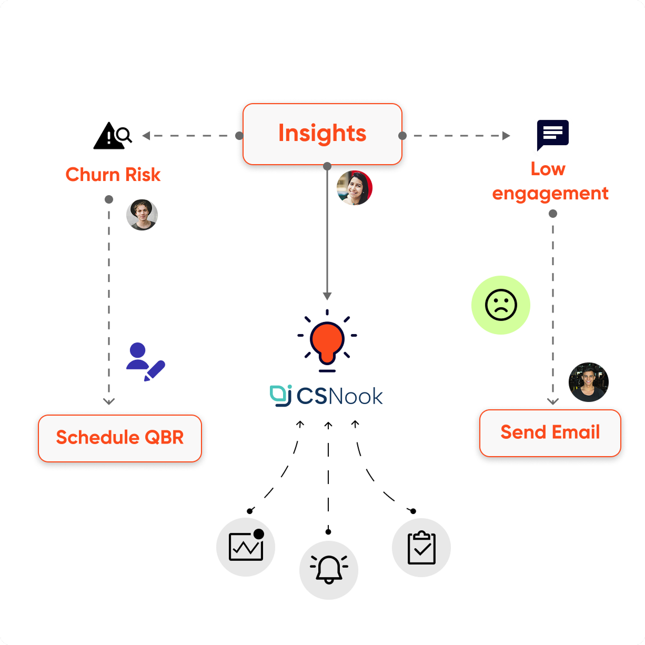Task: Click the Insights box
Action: click(322, 134)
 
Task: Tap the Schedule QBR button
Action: click(120, 438)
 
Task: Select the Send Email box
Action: click(550, 432)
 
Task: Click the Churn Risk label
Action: click(113, 175)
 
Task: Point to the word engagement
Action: click(550, 194)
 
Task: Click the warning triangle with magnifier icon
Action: click(112, 136)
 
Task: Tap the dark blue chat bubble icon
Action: click(552, 135)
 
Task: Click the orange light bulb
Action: click(327, 341)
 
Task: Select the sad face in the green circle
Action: click(501, 305)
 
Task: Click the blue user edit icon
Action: click(145, 362)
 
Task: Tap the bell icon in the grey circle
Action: click(329, 570)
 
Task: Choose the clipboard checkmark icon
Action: click(421, 548)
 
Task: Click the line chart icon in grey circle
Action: click(246, 547)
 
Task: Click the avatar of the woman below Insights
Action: click(355, 187)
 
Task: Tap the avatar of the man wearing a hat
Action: click(142, 215)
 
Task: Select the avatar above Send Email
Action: click(589, 382)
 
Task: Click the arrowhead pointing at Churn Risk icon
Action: click(146, 136)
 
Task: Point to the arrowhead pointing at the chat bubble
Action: click(506, 136)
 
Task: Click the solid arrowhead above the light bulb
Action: click(327, 296)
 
